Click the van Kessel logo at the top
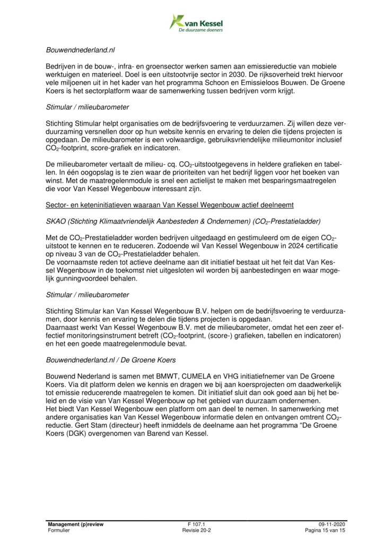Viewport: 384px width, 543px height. pos(196,22)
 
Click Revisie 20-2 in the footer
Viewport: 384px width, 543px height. pos(196,530)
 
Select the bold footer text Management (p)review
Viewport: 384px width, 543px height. pos(75,523)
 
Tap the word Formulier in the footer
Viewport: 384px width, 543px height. pos(58,530)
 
